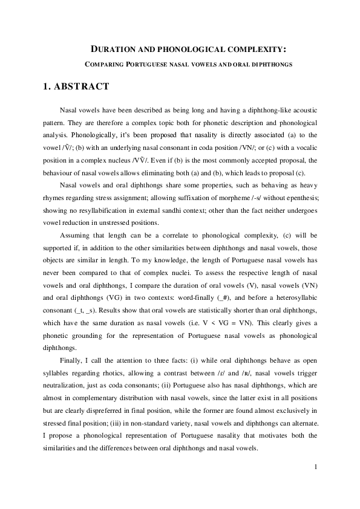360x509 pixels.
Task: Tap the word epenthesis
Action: click(x=299, y=199)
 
